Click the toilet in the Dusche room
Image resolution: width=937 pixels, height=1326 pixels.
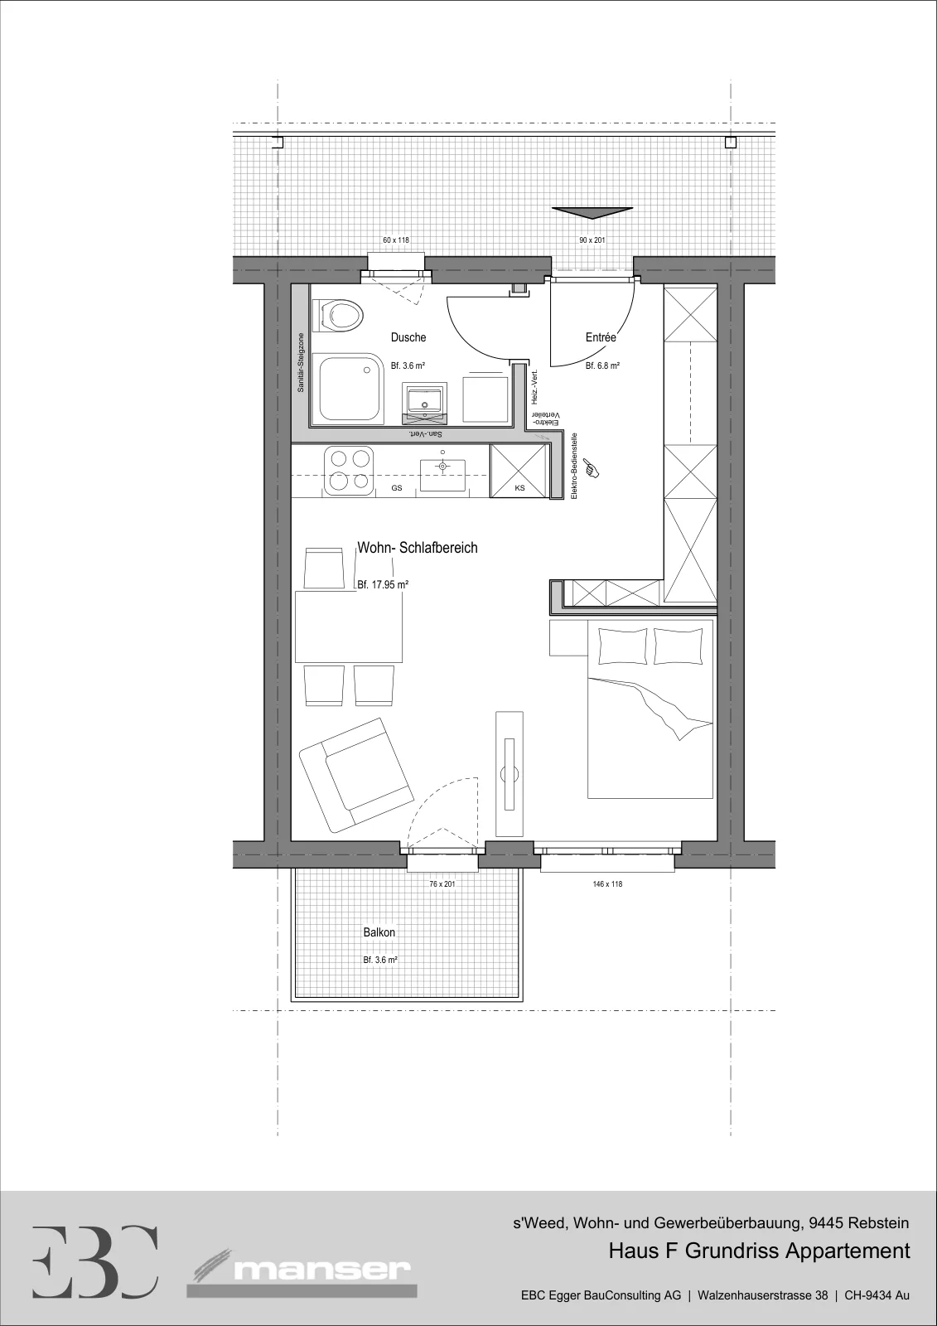click(x=341, y=315)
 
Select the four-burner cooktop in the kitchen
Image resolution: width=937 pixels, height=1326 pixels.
click(x=349, y=471)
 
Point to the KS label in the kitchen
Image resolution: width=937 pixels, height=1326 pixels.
click(x=519, y=488)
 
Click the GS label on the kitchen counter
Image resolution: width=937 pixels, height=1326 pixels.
click(x=397, y=488)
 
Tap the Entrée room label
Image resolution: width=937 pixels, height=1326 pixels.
click(x=601, y=336)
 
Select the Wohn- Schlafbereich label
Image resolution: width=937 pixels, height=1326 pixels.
click(x=418, y=548)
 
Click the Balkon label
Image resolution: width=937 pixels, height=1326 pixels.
click(x=379, y=932)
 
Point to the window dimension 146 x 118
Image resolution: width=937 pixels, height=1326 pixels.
click(x=607, y=884)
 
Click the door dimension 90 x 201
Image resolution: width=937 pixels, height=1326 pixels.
click(x=592, y=240)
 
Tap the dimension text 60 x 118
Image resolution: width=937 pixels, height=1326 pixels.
click(x=396, y=240)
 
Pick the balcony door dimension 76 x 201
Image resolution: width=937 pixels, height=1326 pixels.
click(x=442, y=884)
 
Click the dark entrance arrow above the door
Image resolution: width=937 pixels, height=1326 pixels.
click(x=592, y=212)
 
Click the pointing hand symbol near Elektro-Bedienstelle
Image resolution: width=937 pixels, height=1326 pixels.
click(x=592, y=467)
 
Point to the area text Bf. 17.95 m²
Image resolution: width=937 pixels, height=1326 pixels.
click(x=383, y=585)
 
